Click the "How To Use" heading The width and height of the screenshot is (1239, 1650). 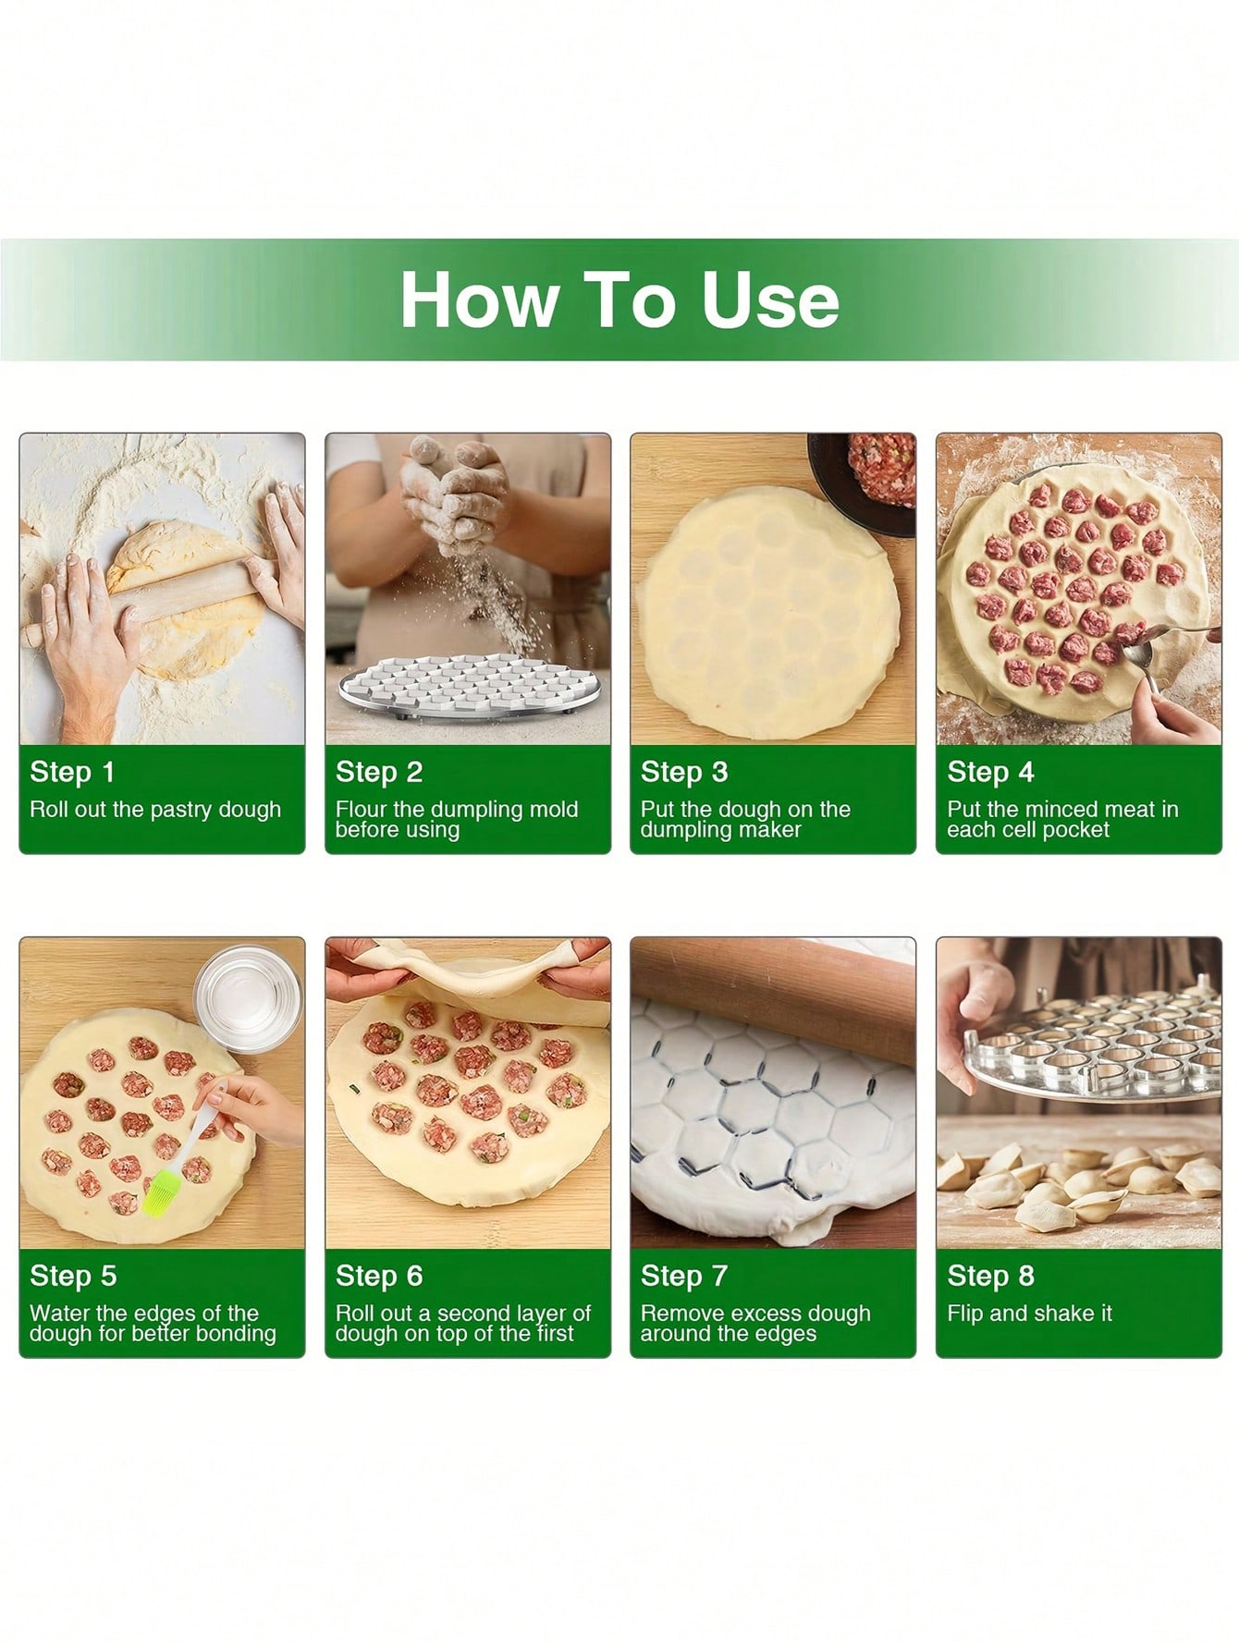pos(619,300)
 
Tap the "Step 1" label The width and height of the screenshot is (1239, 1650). pos(72,772)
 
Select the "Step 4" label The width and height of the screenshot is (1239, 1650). pos(990,772)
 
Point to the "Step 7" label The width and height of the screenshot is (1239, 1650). pos(684,1276)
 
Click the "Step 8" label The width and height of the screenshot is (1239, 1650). pos(990,1276)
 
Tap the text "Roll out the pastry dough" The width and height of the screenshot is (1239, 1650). pos(155,810)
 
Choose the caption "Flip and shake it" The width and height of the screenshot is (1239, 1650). pos(1029,1314)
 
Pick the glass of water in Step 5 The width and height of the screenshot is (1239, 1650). pos(249,998)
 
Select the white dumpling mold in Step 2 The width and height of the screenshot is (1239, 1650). pos(467,689)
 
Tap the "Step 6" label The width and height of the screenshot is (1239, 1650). pos(379,1276)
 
